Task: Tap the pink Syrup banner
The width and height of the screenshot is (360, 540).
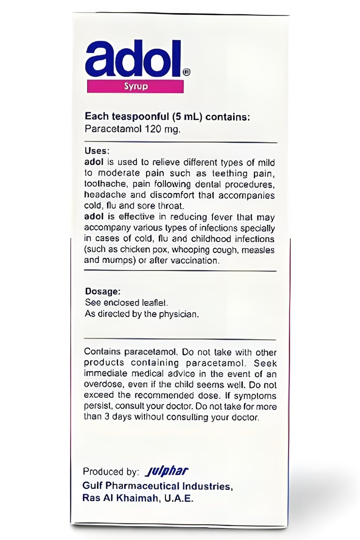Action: point(135,86)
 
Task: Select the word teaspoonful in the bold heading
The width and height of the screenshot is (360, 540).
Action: point(138,117)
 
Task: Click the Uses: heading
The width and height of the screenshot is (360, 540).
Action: point(97,151)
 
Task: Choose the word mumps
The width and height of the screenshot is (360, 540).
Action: point(118,261)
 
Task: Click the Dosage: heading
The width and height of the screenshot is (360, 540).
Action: point(102,292)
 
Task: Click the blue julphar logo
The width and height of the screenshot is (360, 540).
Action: point(166,472)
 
